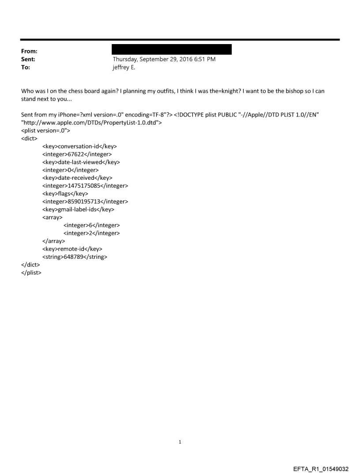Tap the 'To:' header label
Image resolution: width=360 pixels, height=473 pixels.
26,67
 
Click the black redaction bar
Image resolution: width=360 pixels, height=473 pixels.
172,49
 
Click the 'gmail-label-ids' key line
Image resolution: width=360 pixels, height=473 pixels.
78,210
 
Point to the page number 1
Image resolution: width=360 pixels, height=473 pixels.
180,442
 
